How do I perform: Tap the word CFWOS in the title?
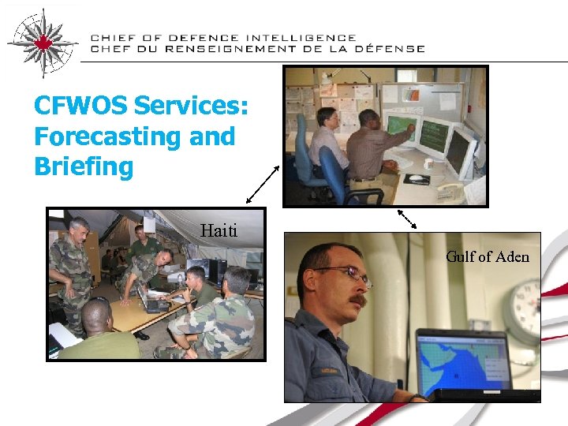(80, 106)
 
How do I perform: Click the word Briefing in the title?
(84, 167)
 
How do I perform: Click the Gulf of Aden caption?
(487, 256)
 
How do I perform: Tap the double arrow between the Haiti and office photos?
(263, 185)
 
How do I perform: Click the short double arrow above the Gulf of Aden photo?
(407, 219)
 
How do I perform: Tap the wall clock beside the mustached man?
(525, 308)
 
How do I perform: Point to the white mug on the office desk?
(428, 163)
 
